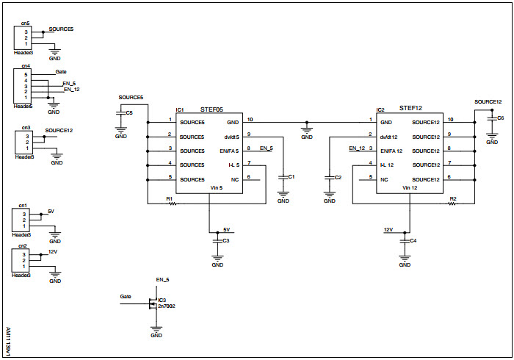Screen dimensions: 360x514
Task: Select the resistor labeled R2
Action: click(453, 204)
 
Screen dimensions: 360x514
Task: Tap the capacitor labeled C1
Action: click(283, 178)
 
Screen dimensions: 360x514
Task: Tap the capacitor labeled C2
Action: click(329, 178)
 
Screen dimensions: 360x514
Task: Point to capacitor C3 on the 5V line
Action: click(217, 240)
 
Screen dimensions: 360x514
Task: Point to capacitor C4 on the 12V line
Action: click(405, 240)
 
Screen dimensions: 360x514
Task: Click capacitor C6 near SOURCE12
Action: click(491, 118)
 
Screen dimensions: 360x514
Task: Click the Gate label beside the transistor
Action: click(126, 296)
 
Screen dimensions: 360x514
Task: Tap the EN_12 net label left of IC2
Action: click(356, 148)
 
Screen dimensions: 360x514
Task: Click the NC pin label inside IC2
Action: click(384, 179)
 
